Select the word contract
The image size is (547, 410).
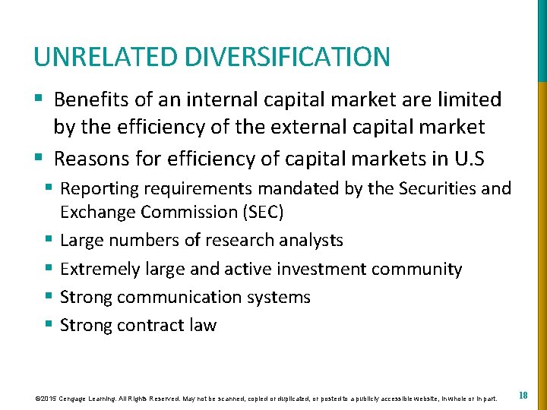click(x=150, y=326)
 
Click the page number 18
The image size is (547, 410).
click(x=523, y=396)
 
